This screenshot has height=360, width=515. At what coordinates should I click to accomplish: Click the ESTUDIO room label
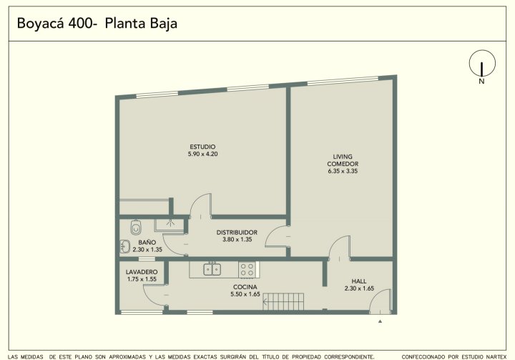(x=202, y=147)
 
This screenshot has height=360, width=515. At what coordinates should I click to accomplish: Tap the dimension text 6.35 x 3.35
(x=343, y=171)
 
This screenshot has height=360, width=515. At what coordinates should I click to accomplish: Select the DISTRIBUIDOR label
(x=237, y=233)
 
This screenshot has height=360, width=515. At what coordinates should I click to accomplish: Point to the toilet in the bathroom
(x=136, y=227)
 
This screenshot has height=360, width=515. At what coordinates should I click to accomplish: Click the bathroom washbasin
(x=124, y=246)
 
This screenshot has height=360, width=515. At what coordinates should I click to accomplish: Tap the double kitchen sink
(x=212, y=269)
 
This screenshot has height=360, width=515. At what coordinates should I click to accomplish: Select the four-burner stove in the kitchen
(x=247, y=269)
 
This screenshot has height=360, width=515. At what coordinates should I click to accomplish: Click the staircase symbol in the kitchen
(x=283, y=301)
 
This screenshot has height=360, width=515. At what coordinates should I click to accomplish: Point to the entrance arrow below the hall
(x=380, y=321)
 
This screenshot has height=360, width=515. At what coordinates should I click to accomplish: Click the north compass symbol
(x=482, y=63)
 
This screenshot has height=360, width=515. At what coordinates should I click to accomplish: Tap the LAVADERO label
(x=142, y=272)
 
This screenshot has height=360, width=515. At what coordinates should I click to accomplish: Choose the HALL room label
(x=359, y=281)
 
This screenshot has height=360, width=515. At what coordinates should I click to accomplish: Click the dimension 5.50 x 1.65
(x=245, y=294)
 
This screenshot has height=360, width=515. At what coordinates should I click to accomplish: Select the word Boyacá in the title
(x=40, y=24)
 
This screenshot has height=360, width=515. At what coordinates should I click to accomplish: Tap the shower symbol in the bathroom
(x=170, y=223)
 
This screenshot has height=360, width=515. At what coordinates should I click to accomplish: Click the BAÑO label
(x=147, y=243)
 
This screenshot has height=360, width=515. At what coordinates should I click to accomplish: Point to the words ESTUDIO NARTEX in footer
(x=484, y=356)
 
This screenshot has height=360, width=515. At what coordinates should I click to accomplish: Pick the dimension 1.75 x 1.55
(x=142, y=279)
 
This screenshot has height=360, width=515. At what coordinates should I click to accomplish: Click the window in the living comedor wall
(x=343, y=81)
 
